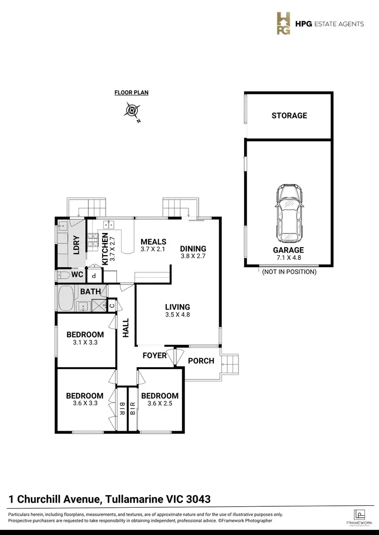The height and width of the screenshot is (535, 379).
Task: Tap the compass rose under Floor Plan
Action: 132,110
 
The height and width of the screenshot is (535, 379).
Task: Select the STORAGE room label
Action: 289,115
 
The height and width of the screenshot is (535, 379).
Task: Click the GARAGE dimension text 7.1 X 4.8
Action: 289,258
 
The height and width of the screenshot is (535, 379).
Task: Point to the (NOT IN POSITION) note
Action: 289,272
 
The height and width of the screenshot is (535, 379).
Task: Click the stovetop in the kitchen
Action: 93,243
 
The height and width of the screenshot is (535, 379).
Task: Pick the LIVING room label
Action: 177,307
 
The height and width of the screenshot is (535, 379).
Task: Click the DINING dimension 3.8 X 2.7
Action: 193,256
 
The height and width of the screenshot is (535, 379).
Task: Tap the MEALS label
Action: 153,242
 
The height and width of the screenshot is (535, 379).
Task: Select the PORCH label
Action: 201,361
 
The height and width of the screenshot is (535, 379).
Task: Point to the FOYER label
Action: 155,355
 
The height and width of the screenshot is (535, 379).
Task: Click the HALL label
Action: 126,328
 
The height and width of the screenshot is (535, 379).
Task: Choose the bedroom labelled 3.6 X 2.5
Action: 160,399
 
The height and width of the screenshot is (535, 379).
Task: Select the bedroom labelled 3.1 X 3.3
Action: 85,338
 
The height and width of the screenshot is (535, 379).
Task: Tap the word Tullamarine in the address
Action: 134,499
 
